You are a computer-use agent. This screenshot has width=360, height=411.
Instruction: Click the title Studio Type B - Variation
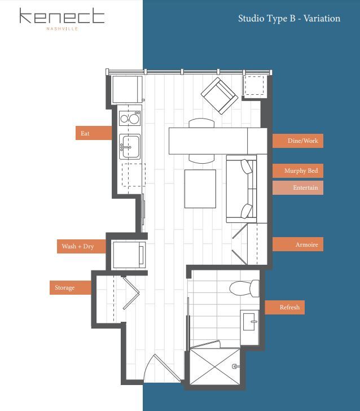coord(289,19)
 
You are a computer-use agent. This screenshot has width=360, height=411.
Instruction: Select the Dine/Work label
coord(297,141)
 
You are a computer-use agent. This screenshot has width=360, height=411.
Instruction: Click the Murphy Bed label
coord(297,170)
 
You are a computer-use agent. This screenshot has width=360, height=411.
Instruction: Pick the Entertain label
coord(297,187)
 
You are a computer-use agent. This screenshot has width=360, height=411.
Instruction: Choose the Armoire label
coord(297,244)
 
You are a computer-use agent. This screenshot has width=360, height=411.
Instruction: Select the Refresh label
coord(285,308)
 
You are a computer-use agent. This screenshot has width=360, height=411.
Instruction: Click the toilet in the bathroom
coord(244,288)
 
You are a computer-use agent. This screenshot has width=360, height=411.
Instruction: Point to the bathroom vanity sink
coord(250,322)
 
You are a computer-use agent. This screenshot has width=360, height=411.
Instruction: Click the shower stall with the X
coord(215,366)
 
